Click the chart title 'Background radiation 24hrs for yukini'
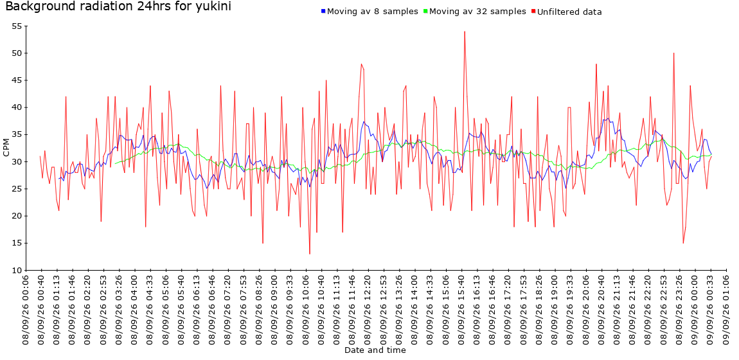(x=118, y=6)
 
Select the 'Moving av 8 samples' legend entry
(x=369, y=12)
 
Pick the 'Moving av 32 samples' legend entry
(x=475, y=12)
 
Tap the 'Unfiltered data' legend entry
(x=566, y=12)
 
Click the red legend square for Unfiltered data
(x=533, y=12)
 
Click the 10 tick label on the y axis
(x=17, y=271)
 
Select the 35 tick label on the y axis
(x=17, y=135)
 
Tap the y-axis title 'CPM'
(x=6, y=148)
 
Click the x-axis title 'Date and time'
(x=375, y=350)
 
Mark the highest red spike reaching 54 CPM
(x=465, y=32)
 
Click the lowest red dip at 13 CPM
(x=310, y=254)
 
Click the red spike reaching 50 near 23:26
(x=674, y=53)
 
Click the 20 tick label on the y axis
(x=17, y=216)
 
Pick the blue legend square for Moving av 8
(x=323, y=12)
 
